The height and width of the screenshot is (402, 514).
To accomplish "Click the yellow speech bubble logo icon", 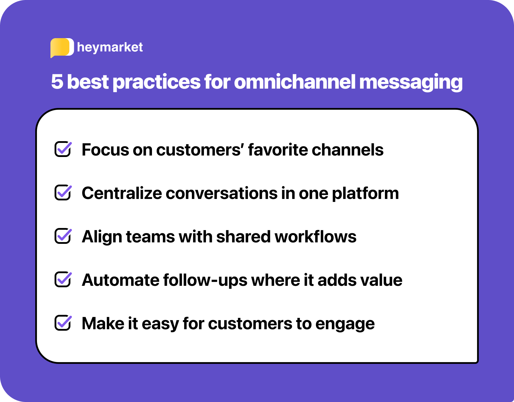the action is tap(62, 48).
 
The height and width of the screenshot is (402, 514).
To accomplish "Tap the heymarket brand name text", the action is tap(110, 47).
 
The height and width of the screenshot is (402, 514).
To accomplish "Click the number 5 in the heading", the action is tap(57, 82).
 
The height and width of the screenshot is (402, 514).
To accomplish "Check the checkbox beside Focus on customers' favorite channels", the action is tap(63, 149).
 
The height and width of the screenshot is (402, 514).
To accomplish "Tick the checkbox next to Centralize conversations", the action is tap(63, 192).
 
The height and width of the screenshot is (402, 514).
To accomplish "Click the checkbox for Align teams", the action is tap(63, 236).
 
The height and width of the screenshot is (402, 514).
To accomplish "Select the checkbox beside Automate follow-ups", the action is tap(63, 279).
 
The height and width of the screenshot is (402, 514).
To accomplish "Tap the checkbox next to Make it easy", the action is tap(63, 322).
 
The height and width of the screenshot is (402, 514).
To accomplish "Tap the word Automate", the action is tap(121, 280).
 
